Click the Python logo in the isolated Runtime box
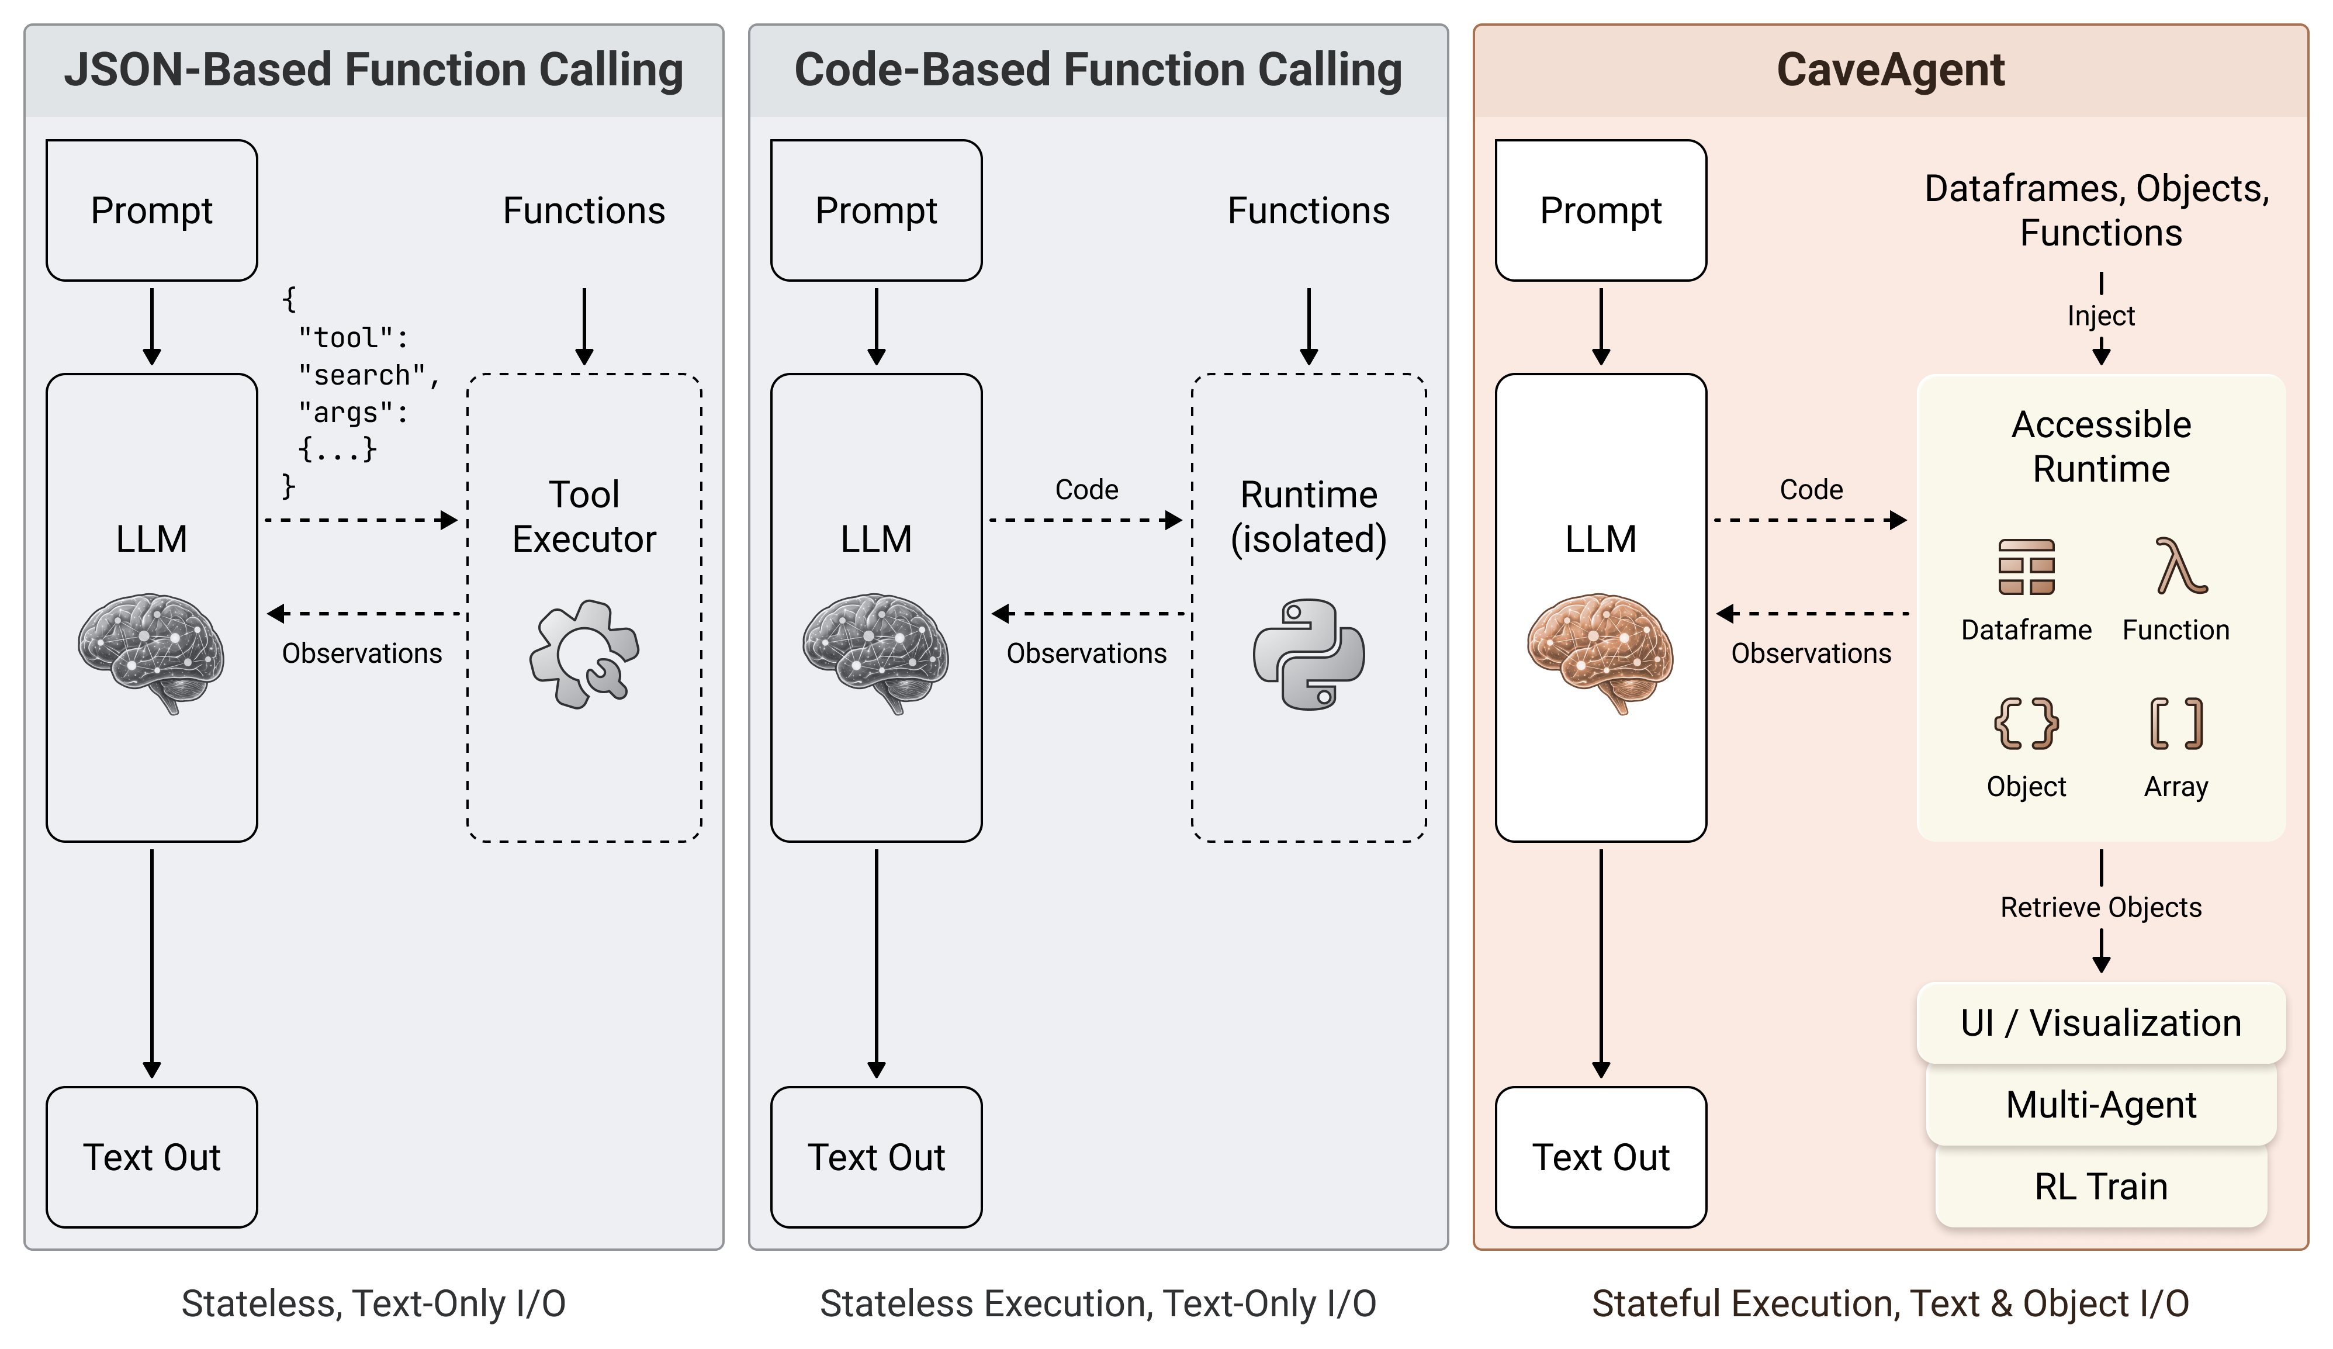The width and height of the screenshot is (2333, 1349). click(1308, 655)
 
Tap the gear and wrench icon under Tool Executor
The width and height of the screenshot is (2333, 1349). click(583, 655)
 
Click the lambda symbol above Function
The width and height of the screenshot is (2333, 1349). click(2179, 566)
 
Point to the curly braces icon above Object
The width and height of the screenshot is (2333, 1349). click(2026, 723)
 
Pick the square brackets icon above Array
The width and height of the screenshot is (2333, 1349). click(2176, 723)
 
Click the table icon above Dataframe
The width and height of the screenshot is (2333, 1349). click(2026, 566)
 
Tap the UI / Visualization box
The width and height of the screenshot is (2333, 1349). click(2100, 1022)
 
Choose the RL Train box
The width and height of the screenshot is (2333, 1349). click(2100, 1186)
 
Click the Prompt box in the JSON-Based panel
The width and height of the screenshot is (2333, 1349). click(152, 210)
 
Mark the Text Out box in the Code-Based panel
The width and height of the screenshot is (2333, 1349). click(876, 1157)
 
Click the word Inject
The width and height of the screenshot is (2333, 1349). click(2100, 316)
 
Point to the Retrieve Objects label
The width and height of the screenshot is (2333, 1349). click(2100, 907)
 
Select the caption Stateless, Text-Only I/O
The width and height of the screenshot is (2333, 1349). click(373, 1303)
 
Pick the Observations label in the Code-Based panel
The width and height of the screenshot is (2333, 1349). click(1086, 653)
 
